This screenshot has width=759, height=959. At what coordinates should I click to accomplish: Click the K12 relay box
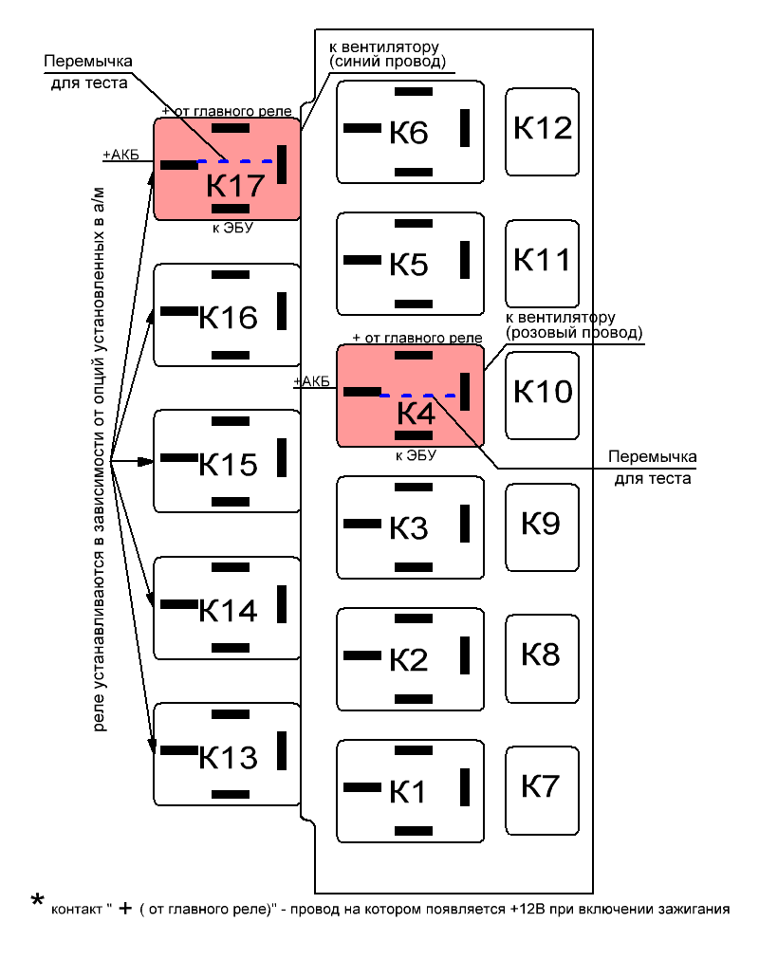(543, 131)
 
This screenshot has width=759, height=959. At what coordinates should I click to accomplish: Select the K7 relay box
(541, 789)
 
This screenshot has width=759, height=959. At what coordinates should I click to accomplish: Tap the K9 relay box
(541, 526)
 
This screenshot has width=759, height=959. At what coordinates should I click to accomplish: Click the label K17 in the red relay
(234, 186)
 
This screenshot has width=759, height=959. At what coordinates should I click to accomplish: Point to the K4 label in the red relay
(415, 414)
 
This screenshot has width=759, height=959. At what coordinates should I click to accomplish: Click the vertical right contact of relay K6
(465, 128)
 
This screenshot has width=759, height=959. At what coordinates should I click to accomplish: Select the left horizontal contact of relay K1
(361, 787)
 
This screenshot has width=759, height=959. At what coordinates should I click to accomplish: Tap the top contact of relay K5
(412, 224)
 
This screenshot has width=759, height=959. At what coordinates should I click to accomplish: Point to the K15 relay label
(229, 465)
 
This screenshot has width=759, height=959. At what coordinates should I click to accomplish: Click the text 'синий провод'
(387, 63)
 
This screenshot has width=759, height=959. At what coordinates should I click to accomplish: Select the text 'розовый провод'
(575, 333)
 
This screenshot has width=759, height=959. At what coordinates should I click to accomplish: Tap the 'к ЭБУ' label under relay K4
(416, 455)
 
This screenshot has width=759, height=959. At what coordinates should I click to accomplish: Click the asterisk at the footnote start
(38, 900)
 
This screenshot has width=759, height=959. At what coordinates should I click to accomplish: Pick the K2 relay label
(409, 661)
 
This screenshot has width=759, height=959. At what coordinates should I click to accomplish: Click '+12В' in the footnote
(527, 910)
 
